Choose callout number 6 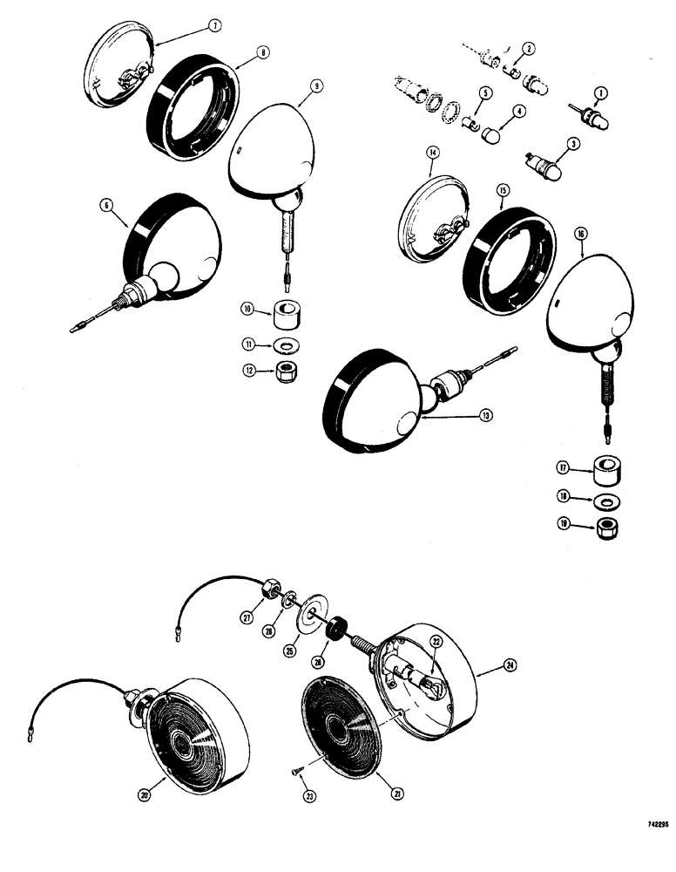(106, 206)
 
